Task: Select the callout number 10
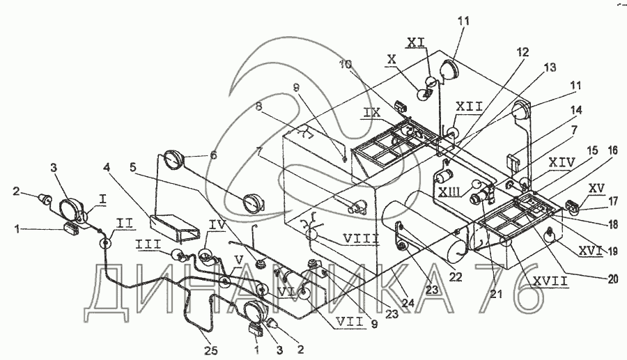click(x=346, y=64)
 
